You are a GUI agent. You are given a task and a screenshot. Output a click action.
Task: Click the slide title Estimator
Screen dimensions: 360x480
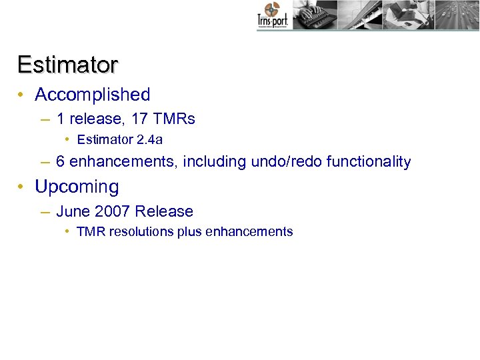(68, 65)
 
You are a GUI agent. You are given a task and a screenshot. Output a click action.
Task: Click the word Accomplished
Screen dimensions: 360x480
(93, 95)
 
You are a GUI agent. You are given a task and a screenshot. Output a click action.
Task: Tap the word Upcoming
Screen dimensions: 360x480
(77, 187)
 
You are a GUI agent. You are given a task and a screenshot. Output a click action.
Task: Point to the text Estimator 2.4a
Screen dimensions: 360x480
(120, 140)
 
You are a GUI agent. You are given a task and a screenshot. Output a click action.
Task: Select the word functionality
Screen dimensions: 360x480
(369, 161)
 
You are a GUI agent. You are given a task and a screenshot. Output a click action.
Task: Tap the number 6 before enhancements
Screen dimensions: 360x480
(61, 161)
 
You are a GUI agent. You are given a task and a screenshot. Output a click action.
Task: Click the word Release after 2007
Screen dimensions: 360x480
(164, 211)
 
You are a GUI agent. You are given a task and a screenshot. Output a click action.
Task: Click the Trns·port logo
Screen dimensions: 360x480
(273, 15)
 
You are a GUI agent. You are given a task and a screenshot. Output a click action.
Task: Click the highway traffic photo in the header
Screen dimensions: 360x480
(457, 15)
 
